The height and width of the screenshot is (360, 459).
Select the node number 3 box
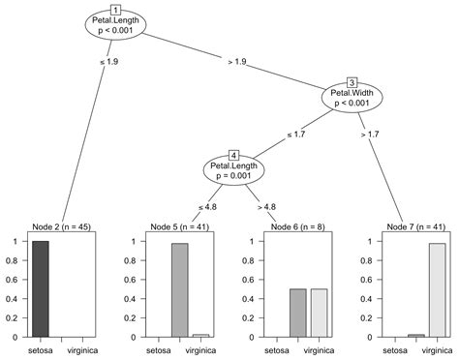[352, 82]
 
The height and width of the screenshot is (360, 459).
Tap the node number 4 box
[233, 155]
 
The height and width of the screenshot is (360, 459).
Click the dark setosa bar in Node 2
[40, 288]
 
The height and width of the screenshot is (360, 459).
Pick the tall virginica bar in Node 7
[437, 290]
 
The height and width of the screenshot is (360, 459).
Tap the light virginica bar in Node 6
[317, 313]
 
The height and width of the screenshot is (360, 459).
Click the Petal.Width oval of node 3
[353, 98]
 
